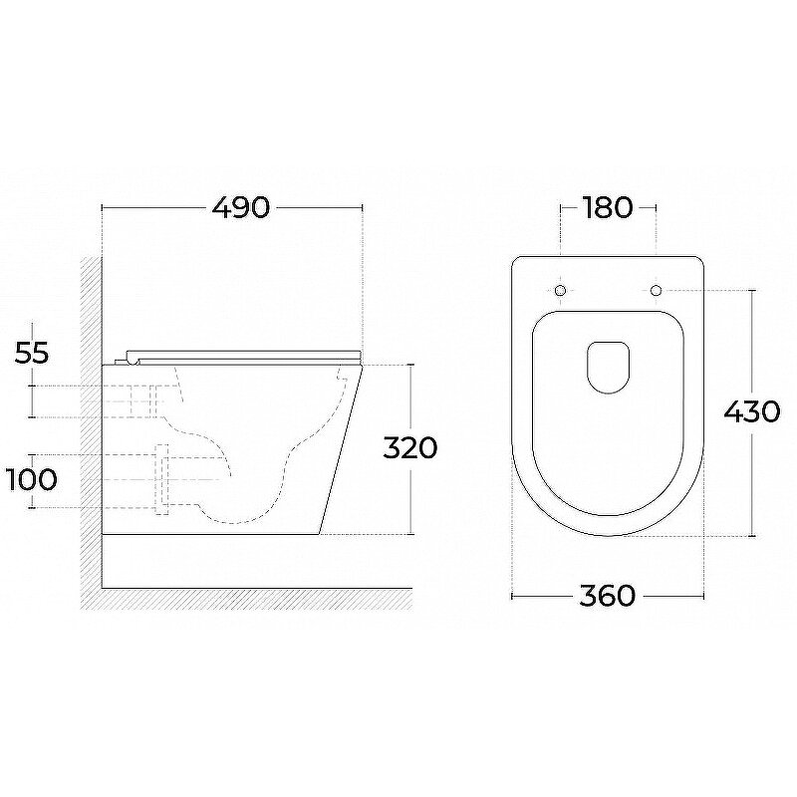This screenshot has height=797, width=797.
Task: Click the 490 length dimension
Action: (240, 207)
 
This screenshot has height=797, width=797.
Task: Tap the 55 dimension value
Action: (32, 353)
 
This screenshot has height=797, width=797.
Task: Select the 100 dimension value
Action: (31, 479)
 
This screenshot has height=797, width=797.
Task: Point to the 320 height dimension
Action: (409, 447)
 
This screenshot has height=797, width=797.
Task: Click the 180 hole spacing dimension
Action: (608, 207)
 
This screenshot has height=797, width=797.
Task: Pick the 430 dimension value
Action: (752, 411)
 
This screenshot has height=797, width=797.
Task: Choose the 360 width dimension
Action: (608, 595)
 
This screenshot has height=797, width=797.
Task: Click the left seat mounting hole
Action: (560, 291)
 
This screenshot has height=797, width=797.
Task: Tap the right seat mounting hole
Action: (656, 291)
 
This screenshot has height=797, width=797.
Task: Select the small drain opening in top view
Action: (608, 367)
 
